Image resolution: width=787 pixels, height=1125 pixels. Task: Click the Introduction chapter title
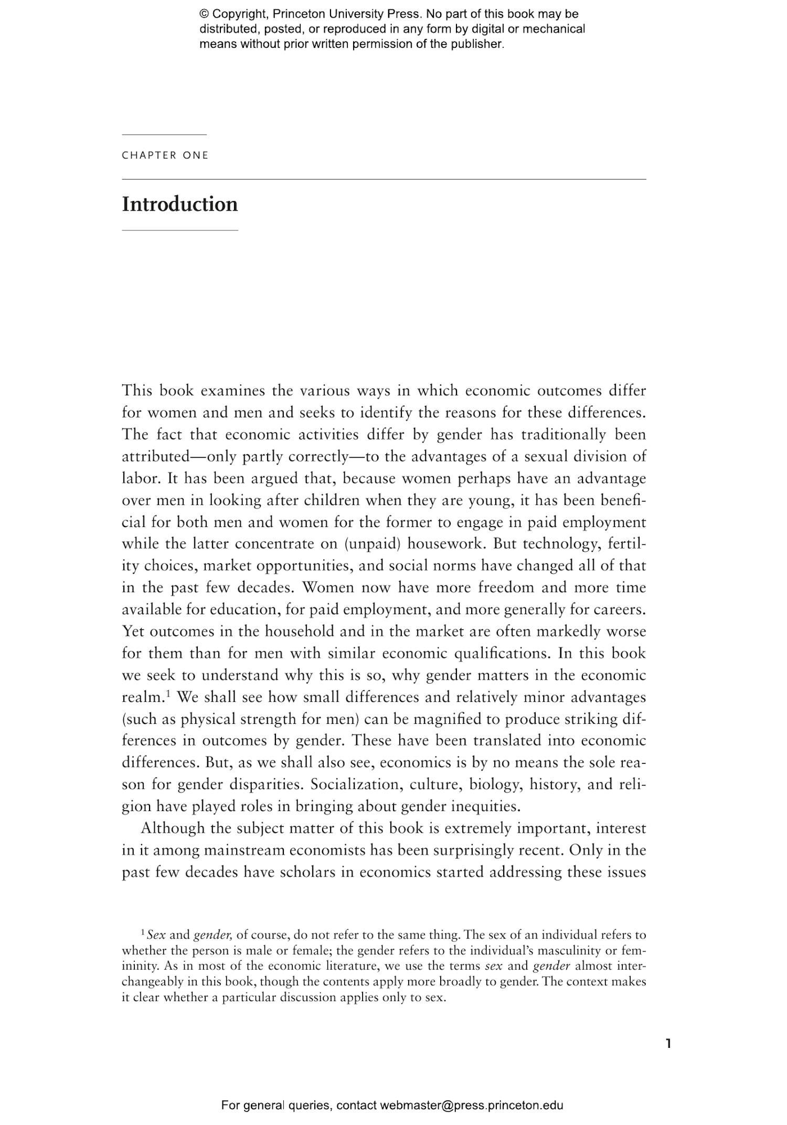pos(179,204)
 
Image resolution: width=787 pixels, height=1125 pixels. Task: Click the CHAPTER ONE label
pos(165,155)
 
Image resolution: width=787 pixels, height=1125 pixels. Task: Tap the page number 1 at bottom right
pos(668,1043)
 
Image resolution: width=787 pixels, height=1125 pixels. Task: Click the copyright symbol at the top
pos(204,14)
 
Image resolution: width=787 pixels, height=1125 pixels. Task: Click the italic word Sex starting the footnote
pos(156,935)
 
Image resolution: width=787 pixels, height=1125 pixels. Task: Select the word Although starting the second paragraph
pos(173,828)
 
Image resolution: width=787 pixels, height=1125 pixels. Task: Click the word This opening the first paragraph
pos(137,391)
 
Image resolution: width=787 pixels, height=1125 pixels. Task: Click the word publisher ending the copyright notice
pos(476,44)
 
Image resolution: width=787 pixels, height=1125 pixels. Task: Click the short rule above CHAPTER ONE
pos(164,135)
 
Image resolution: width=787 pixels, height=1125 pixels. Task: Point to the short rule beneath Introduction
pos(179,230)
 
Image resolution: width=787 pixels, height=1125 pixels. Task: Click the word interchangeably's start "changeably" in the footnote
pos(157,982)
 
